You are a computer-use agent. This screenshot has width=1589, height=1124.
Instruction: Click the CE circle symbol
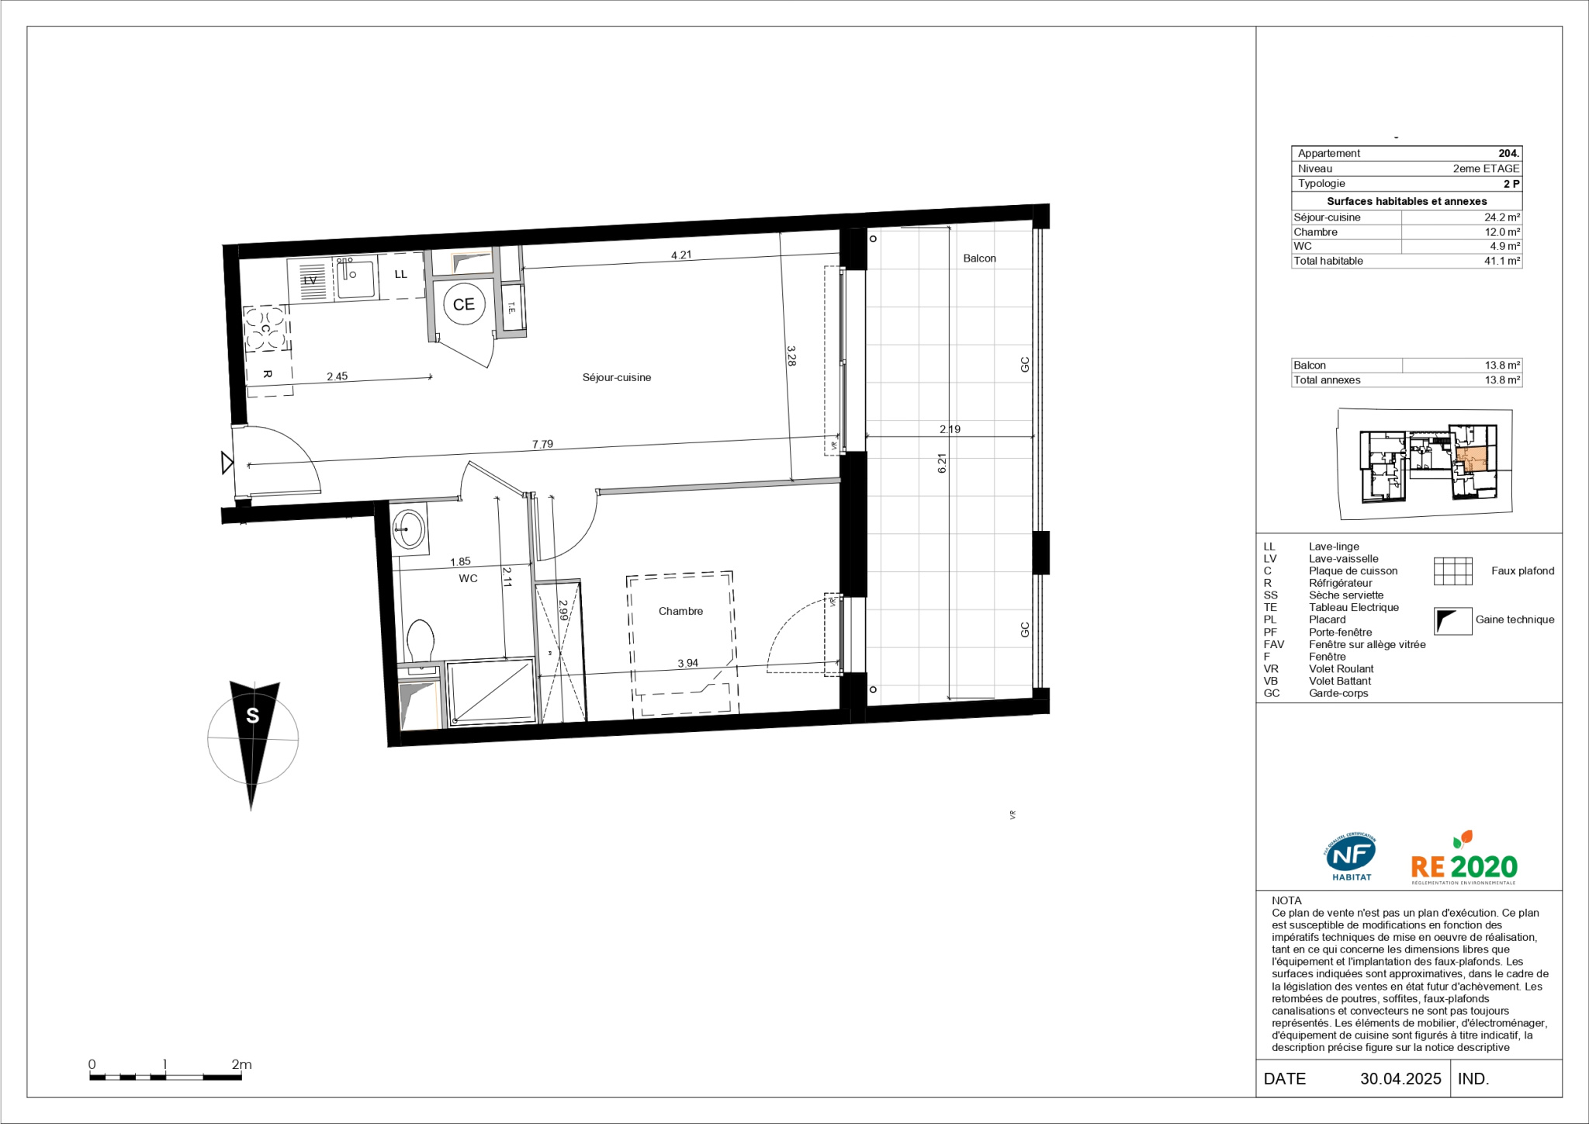[464, 304]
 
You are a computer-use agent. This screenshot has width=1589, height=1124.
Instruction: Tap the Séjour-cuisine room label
[617, 377]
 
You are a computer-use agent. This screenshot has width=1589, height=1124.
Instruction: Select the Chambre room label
[680, 611]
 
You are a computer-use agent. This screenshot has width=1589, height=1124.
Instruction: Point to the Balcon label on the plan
[979, 258]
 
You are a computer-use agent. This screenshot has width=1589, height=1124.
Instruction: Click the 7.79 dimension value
[542, 444]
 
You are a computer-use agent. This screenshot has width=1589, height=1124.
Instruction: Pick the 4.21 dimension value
[680, 255]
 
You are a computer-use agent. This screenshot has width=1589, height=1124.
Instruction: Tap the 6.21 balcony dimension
[942, 463]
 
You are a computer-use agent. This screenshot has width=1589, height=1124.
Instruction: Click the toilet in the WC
[421, 641]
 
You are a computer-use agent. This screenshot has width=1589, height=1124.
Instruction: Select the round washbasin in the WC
[408, 530]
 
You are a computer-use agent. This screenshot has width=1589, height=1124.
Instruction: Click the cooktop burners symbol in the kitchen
[265, 328]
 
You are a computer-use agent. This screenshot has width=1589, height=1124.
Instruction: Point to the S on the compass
[252, 716]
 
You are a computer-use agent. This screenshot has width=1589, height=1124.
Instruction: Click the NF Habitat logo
[1351, 857]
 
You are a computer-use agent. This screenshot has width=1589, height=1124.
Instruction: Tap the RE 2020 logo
[1463, 860]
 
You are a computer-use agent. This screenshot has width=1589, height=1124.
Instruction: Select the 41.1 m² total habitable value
[1502, 261]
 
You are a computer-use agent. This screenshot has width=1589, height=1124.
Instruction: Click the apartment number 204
[1509, 153]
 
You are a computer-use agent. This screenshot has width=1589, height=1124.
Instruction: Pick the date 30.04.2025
[1400, 1078]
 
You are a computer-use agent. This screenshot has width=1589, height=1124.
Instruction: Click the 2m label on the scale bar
[241, 1064]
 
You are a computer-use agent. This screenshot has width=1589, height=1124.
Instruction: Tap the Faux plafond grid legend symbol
[1453, 571]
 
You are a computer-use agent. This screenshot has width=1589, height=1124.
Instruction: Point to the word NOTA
[1286, 900]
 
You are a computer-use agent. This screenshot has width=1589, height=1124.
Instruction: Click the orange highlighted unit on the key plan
[1471, 458]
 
